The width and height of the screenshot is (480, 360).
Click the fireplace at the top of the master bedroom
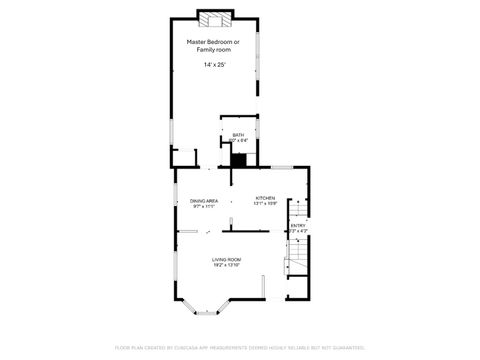pos(215,18)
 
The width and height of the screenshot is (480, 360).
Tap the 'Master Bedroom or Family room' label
pos(215,45)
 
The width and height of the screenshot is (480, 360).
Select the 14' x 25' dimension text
pos(215,65)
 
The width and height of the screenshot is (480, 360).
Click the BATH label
pos(238,135)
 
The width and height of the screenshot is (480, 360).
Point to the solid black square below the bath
pos(238,157)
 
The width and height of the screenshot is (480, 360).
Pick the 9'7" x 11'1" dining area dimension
pos(203,207)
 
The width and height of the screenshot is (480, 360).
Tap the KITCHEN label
pos(265,198)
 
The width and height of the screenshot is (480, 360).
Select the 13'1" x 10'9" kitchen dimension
pos(265,204)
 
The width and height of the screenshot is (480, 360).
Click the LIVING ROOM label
pos(226,259)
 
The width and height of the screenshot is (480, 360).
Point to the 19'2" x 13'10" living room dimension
pos(226,265)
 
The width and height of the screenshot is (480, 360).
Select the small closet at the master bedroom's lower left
pos(184,157)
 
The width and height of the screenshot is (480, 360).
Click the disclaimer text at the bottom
pos(239,347)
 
